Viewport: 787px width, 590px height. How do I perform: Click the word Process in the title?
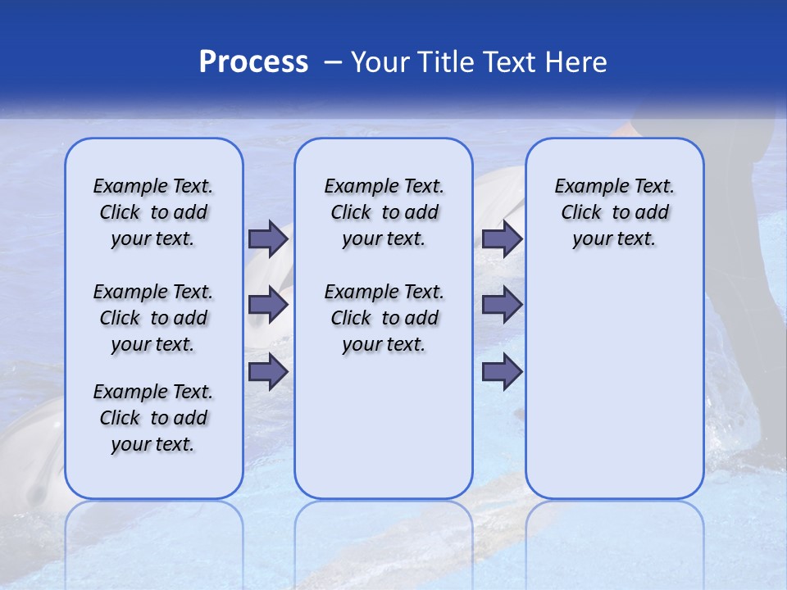pos(253,62)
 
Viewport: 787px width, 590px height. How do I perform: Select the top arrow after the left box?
pos(268,238)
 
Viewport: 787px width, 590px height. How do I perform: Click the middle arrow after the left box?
pos(268,305)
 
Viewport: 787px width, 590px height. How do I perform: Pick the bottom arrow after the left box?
pos(268,371)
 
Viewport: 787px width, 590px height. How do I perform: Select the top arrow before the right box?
pos(502,238)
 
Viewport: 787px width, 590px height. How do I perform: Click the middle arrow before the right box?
pos(502,305)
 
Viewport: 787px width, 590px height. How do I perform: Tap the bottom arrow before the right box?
pos(502,371)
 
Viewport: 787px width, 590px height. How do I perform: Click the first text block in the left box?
pos(153,212)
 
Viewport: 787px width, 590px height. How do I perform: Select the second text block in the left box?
pos(153,318)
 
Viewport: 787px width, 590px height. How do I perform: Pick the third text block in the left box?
pos(153,418)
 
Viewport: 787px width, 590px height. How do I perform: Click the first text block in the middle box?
pos(384,212)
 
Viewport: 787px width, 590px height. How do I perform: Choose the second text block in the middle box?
pos(384,318)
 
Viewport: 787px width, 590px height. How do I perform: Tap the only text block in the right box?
pos(614,212)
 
